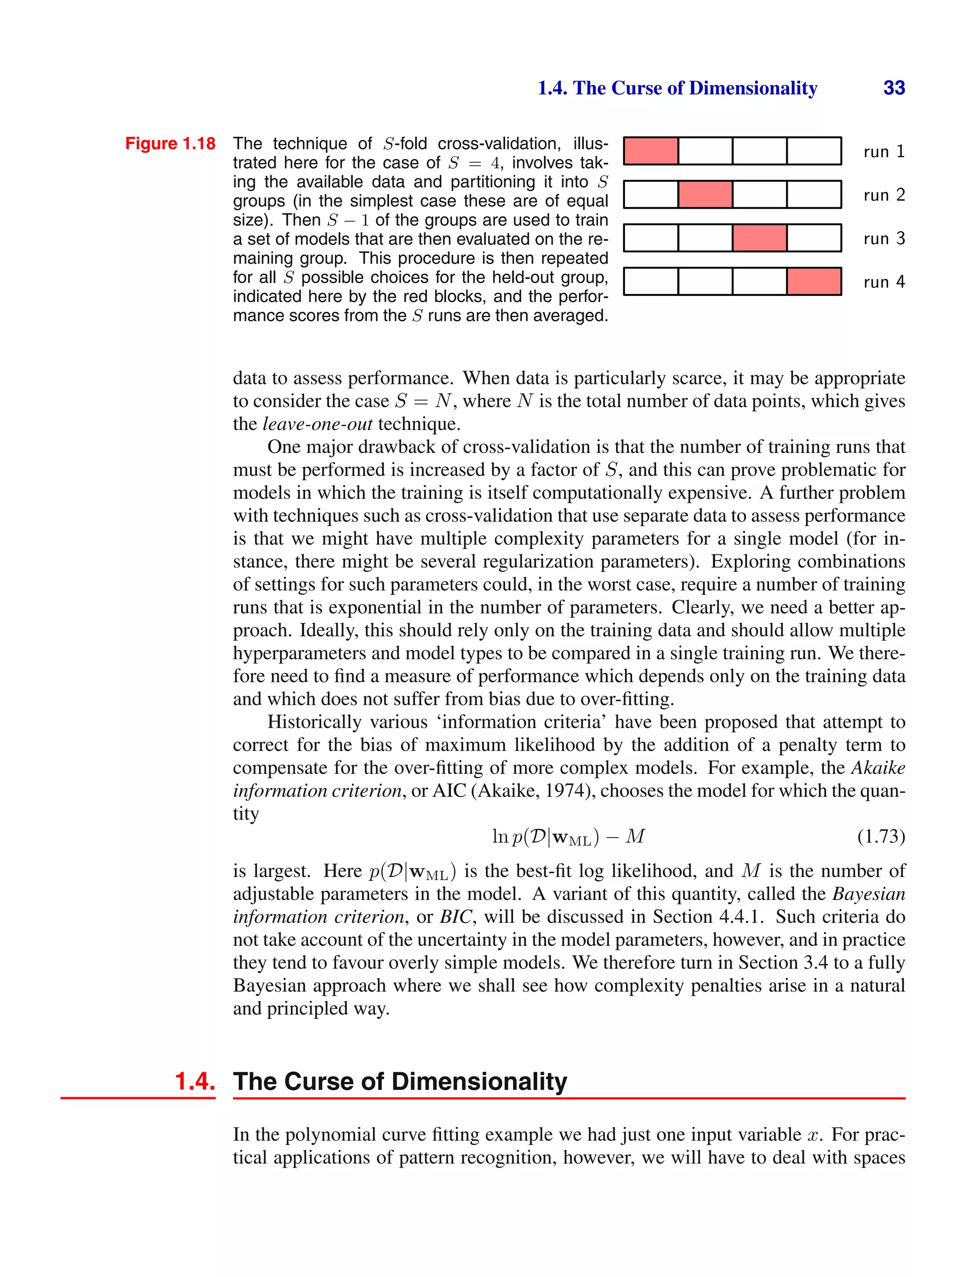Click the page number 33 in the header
[893, 88]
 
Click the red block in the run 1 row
[650, 151]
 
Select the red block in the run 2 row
[705, 194]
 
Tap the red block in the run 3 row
[759, 238]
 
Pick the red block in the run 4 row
[814, 281]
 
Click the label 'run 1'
[883, 152]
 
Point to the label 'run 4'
[883, 282]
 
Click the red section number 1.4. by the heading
[194, 1081]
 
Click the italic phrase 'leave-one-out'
[317, 424]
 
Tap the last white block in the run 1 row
[814, 151]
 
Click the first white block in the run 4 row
[650, 281]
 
